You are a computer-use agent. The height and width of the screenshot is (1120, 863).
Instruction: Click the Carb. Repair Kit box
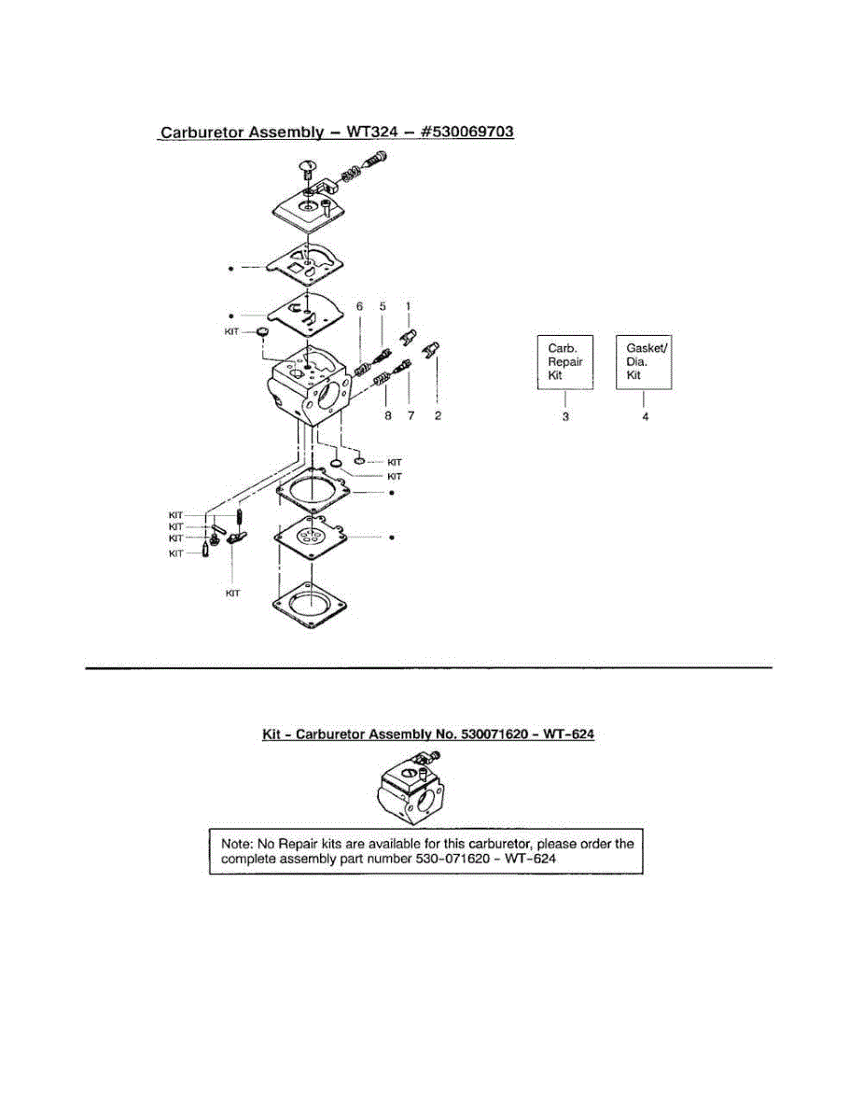click(x=565, y=362)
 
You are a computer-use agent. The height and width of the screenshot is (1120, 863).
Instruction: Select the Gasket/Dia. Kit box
click(x=645, y=362)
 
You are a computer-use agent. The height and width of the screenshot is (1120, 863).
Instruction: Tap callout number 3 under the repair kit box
click(x=565, y=416)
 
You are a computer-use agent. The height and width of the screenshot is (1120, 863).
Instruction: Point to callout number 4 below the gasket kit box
click(x=645, y=416)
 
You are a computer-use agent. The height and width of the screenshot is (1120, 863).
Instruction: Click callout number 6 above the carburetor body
click(x=359, y=306)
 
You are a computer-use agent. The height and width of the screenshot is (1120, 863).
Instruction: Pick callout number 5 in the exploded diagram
click(x=382, y=306)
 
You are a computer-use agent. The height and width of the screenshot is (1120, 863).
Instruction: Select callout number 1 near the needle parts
click(x=407, y=306)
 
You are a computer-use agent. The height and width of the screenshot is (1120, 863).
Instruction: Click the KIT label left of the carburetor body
click(x=233, y=330)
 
